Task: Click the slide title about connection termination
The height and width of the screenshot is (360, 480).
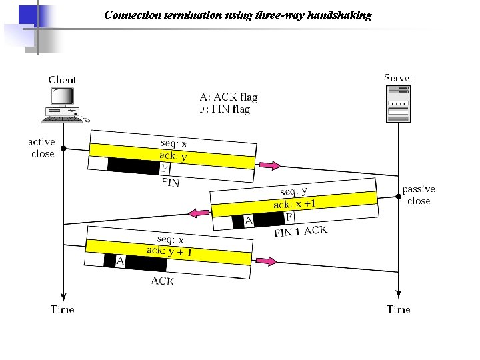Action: click(x=238, y=15)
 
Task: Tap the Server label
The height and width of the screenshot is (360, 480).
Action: click(x=398, y=78)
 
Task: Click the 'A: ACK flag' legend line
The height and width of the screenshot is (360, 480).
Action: click(x=228, y=97)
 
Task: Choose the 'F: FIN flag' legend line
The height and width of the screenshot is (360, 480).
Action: click(x=225, y=109)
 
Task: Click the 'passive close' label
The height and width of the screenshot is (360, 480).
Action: click(x=419, y=195)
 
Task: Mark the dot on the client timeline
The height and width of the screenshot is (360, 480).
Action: click(x=63, y=148)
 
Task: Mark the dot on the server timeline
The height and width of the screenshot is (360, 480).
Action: click(x=399, y=196)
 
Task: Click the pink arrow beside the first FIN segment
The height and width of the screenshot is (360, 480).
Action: click(x=269, y=165)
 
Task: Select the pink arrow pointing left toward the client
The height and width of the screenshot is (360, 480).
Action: click(x=198, y=213)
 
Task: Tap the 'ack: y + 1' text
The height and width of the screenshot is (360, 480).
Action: click(x=169, y=251)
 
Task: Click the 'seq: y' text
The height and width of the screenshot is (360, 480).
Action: click(x=294, y=191)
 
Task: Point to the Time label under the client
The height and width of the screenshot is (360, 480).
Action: click(x=63, y=309)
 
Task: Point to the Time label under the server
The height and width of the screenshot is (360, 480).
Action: click(x=399, y=309)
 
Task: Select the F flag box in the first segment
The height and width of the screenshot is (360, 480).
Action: click(x=165, y=168)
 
